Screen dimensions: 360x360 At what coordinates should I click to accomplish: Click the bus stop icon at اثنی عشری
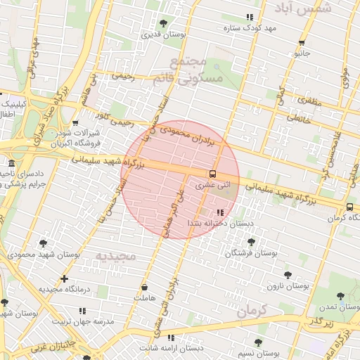tap(211, 173)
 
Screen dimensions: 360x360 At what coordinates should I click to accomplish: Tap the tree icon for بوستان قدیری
tap(164, 24)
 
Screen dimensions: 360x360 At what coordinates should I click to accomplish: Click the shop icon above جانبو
tap(302, 42)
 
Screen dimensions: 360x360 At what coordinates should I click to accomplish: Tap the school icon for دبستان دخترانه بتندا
tap(220, 212)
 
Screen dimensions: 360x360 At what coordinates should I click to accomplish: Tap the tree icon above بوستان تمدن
tap(341, 297)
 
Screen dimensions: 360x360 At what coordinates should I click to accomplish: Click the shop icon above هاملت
tap(145, 287)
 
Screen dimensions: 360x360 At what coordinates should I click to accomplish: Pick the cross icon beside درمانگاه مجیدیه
tap(65, 278)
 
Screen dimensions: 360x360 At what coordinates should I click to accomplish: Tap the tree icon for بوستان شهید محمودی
tap(44, 243)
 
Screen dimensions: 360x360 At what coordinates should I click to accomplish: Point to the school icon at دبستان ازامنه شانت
tap(171, 337)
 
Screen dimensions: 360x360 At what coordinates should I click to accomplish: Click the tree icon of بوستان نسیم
tap(259, 341)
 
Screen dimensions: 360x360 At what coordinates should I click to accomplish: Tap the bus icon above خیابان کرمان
tap(349, 207)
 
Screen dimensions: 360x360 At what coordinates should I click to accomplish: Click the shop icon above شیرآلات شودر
tap(75, 122)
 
